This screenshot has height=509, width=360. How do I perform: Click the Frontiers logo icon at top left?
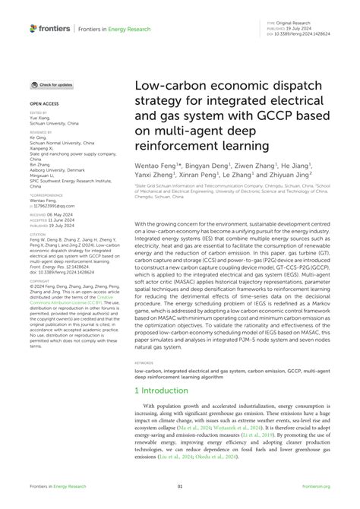33,28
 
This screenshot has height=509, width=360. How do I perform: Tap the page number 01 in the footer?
180,487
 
